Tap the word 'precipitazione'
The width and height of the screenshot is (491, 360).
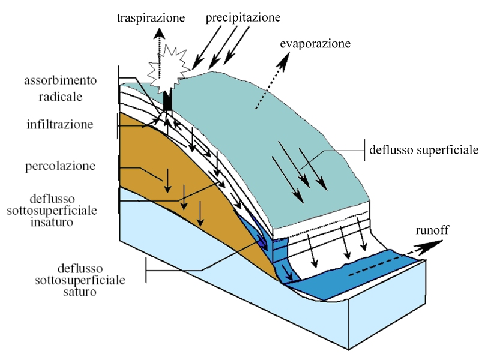click(x=243, y=17)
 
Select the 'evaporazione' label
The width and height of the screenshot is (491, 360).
click(x=315, y=44)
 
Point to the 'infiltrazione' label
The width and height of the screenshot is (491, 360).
click(x=60, y=125)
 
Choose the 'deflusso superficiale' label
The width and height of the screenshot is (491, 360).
click(x=424, y=149)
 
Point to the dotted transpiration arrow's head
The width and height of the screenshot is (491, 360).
click(x=159, y=34)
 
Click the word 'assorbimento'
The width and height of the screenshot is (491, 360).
click(x=60, y=80)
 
